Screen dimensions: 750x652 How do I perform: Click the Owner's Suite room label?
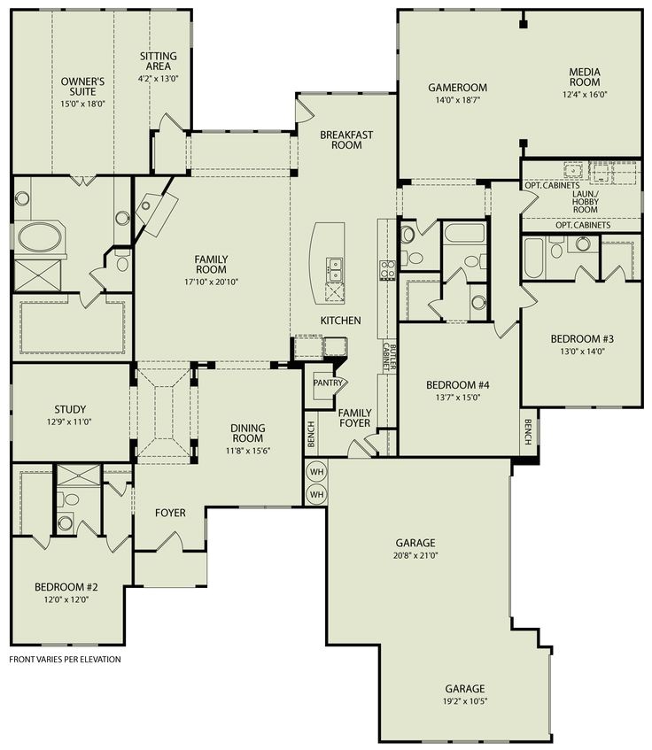[83, 87]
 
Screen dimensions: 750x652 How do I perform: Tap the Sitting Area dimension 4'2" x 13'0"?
[159, 78]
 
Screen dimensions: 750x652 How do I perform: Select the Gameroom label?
[454, 87]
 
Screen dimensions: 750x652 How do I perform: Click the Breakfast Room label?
[346, 139]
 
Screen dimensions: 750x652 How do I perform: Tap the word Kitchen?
[340, 320]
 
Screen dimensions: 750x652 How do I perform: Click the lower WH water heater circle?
[317, 493]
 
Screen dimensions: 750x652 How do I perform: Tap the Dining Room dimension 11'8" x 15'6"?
[248, 451]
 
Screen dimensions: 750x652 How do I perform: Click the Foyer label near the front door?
[170, 513]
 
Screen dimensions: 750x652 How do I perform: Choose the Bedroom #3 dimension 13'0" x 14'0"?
[582, 350]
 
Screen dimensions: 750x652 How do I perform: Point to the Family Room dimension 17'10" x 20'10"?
[211, 281]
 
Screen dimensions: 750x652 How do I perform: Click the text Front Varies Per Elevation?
[65, 660]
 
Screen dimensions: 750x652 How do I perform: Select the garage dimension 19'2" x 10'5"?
[464, 701]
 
